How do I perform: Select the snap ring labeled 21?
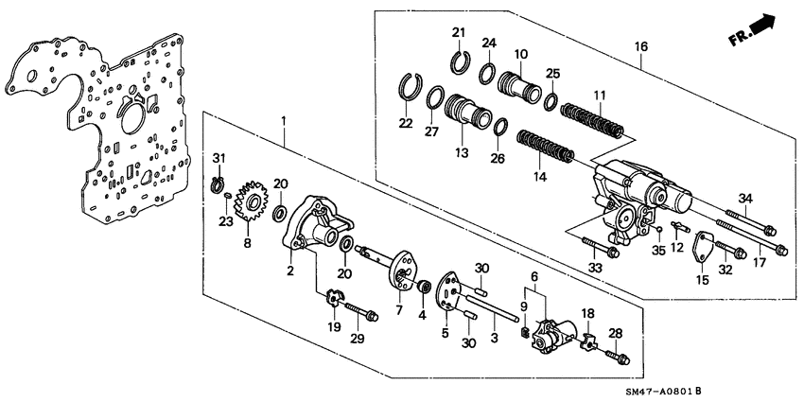coord(461,62)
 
